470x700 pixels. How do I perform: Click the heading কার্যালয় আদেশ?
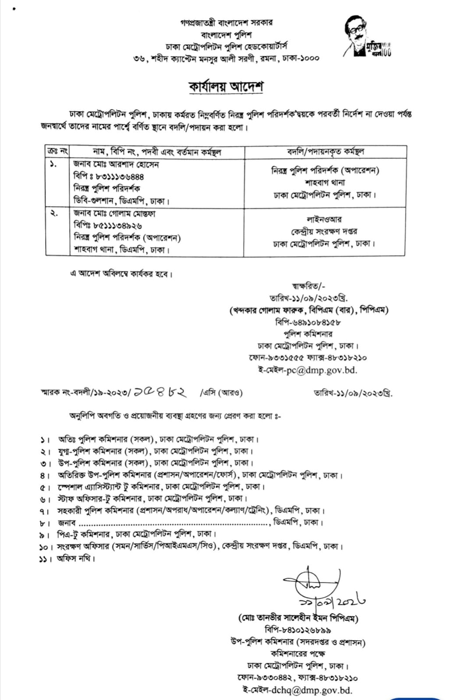[x=226, y=87]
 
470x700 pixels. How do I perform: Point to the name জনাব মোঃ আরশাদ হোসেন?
[x=116, y=165]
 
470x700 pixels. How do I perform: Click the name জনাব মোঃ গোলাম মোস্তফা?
[x=114, y=214]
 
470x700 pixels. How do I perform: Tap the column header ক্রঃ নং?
[x=57, y=152]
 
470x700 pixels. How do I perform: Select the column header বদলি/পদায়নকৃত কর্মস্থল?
[x=325, y=152]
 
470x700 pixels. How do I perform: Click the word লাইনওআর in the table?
[x=324, y=219]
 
